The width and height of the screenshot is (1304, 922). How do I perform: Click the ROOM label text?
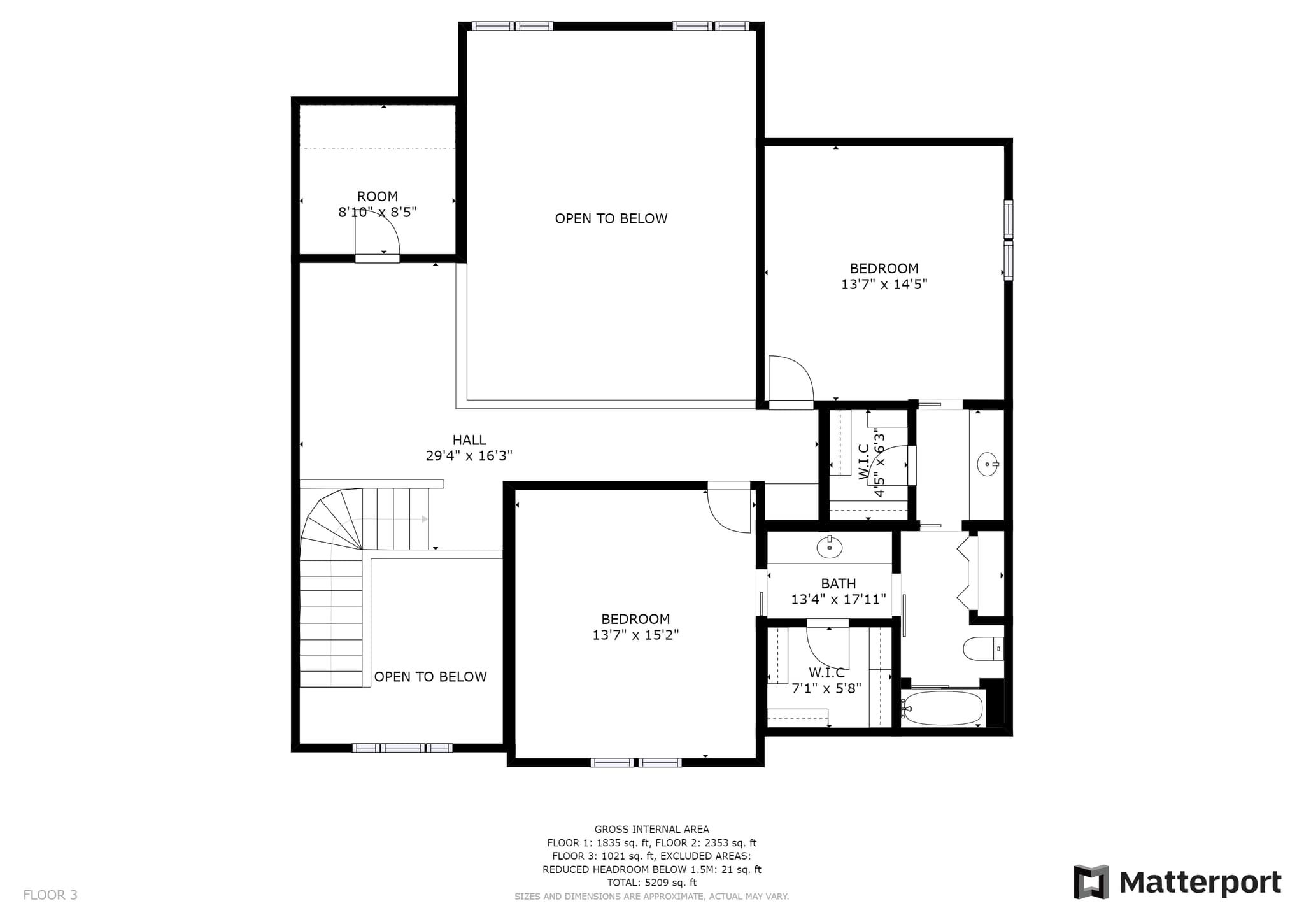click(378, 197)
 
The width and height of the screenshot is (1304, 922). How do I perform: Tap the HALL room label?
click(469, 440)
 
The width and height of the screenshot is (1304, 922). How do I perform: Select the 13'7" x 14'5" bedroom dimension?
click(884, 285)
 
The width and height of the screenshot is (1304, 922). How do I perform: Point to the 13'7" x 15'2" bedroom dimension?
click(635, 635)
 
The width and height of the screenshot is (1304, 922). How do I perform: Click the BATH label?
click(839, 584)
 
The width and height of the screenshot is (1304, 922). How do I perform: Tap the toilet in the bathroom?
click(983, 649)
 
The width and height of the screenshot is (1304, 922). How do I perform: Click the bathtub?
click(944, 708)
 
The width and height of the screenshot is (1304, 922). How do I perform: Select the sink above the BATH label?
click(830, 546)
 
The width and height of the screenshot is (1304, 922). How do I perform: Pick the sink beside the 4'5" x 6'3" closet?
click(988, 464)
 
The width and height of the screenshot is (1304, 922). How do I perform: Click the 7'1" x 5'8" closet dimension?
click(826, 688)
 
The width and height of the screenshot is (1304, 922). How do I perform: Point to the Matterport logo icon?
click(1091, 882)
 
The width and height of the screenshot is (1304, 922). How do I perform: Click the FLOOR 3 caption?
click(50, 895)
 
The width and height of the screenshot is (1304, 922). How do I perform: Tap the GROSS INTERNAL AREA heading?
click(651, 829)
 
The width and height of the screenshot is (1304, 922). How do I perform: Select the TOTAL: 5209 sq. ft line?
click(651, 883)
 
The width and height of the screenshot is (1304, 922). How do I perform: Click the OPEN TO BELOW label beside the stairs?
click(430, 677)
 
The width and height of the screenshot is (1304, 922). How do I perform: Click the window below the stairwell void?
click(402, 748)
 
